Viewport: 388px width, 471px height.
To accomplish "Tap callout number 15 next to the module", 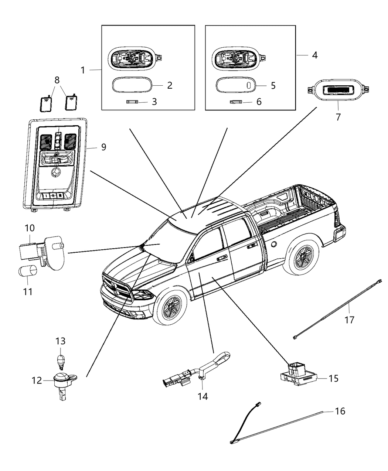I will tap(333, 379).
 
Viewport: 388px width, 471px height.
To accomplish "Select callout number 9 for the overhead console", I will tap(103, 147).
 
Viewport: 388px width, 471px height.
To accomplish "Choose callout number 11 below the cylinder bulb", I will tap(28, 291).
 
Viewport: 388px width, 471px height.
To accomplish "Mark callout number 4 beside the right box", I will tap(314, 55).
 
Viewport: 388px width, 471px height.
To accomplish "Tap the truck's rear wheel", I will tap(303, 256).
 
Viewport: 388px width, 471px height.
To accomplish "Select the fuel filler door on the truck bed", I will tap(274, 244).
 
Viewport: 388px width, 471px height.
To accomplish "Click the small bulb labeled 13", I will tap(60, 359).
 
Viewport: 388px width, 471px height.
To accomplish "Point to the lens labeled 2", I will tap(131, 85).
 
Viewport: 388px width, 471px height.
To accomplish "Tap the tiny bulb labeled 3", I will tap(132, 101).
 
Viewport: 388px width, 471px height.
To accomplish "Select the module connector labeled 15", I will tap(299, 371).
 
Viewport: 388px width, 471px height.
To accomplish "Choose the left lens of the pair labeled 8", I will tap(46, 104).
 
